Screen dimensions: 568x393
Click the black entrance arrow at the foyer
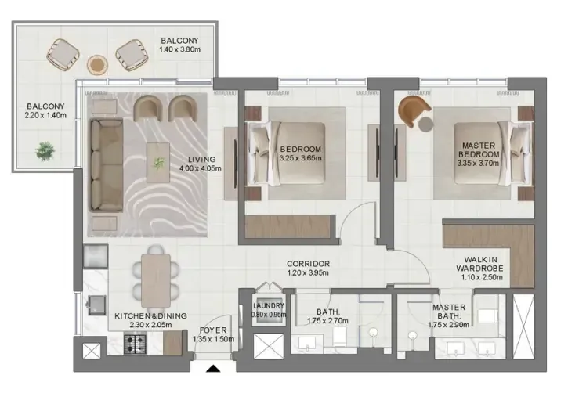[213, 369]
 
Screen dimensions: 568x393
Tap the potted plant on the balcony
[45, 151]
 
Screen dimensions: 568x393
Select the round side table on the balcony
[97, 65]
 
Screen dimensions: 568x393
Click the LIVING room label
[202, 159]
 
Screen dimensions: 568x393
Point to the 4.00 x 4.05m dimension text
[201, 168]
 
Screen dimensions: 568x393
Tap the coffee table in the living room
[158, 163]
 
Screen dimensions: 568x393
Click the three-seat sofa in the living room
[106, 164]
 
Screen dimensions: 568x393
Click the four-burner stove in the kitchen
[135, 344]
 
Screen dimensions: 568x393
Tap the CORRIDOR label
[308, 264]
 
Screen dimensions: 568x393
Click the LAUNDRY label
[269, 306]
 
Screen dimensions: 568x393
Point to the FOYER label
[213, 330]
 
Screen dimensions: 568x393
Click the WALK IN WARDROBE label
[479, 264]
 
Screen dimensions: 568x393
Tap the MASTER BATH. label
[449, 312]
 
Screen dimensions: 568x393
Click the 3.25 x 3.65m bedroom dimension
[301, 158]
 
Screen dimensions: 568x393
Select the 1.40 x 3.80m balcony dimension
[179, 49]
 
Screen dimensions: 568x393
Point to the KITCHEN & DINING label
[150, 316]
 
